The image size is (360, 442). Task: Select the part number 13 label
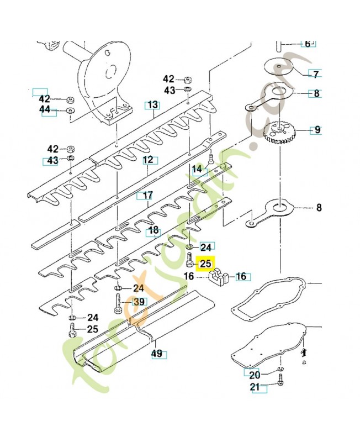click(x=152, y=105)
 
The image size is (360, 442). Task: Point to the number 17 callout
click(x=146, y=195)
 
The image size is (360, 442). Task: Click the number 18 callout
click(x=153, y=230)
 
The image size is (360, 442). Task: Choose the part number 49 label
click(x=158, y=354)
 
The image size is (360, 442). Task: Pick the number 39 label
click(x=139, y=301)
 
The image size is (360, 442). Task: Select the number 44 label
click(x=44, y=110)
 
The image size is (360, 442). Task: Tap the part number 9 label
click(x=316, y=130)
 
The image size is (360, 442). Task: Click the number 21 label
click(x=255, y=387)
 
